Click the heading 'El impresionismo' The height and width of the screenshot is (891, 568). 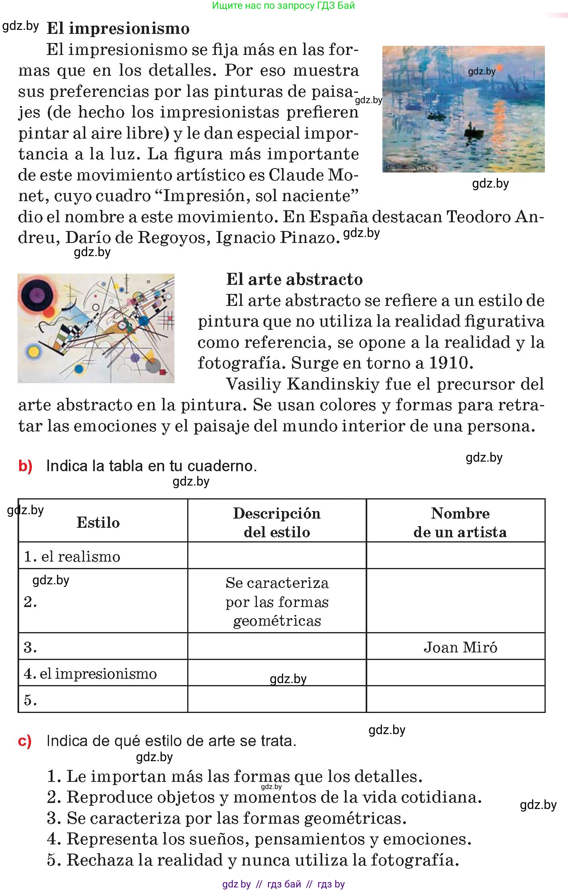(x=118, y=29)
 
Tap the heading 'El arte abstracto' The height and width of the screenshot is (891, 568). (x=294, y=280)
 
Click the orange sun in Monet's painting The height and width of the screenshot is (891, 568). (x=499, y=68)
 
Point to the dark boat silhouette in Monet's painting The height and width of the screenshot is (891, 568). (x=474, y=131)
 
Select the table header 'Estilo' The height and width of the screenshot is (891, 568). (x=98, y=523)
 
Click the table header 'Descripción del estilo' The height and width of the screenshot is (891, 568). (x=277, y=523)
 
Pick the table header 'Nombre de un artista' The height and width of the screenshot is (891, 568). (x=460, y=523)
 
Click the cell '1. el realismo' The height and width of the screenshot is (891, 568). (x=72, y=556)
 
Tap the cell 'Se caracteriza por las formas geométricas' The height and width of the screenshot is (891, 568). (x=277, y=602)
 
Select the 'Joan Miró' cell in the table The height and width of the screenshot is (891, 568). (x=460, y=647)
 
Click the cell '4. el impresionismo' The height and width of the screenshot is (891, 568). (x=90, y=674)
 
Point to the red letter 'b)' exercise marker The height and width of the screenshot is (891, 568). (x=25, y=466)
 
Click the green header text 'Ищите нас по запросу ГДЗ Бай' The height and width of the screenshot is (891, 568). (x=283, y=6)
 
